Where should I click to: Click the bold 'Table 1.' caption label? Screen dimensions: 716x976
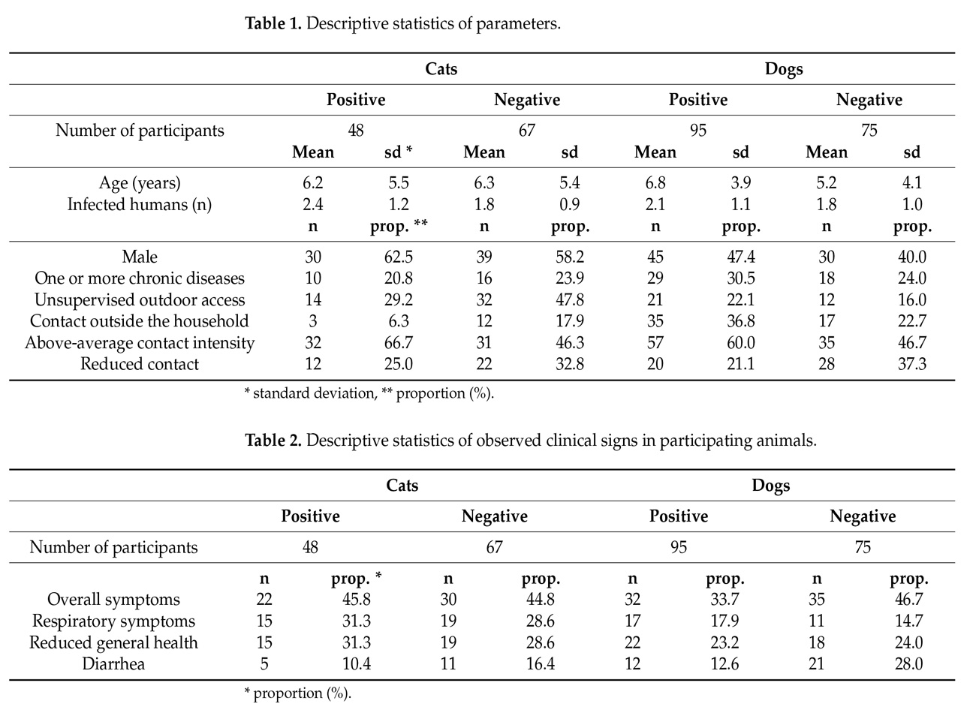[x=273, y=23]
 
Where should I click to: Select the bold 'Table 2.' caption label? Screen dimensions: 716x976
[x=273, y=440]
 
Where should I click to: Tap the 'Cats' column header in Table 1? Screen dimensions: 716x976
[x=441, y=69]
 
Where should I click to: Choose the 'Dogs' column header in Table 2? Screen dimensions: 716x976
[x=770, y=486]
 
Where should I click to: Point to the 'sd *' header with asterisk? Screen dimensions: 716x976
[x=398, y=152]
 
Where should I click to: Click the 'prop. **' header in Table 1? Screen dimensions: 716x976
[x=398, y=226]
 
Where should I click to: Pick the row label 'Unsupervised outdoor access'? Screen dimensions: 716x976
[x=140, y=299]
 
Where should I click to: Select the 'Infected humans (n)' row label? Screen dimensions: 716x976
[x=140, y=204]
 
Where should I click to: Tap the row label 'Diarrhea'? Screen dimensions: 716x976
[x=113, y=663]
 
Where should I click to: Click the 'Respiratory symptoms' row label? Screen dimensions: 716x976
[x=113, y=621]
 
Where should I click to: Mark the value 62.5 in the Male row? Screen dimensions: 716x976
[x=398, y=257]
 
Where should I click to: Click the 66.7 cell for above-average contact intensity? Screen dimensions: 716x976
[x=398, y=343]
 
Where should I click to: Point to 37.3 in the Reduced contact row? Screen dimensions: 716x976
[x=911, y=364]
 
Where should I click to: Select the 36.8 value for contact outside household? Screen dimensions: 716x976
[x=740, y=321]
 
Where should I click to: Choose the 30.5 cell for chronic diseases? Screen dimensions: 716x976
[x=740, y=278]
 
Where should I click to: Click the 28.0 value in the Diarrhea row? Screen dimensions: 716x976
[x=908, y=663]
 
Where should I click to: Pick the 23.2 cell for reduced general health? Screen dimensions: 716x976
[x=724, y=642]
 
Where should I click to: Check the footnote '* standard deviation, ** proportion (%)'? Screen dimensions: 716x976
[x=369, y=393]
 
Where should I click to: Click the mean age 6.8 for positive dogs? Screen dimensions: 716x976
[x=655, y=183]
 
